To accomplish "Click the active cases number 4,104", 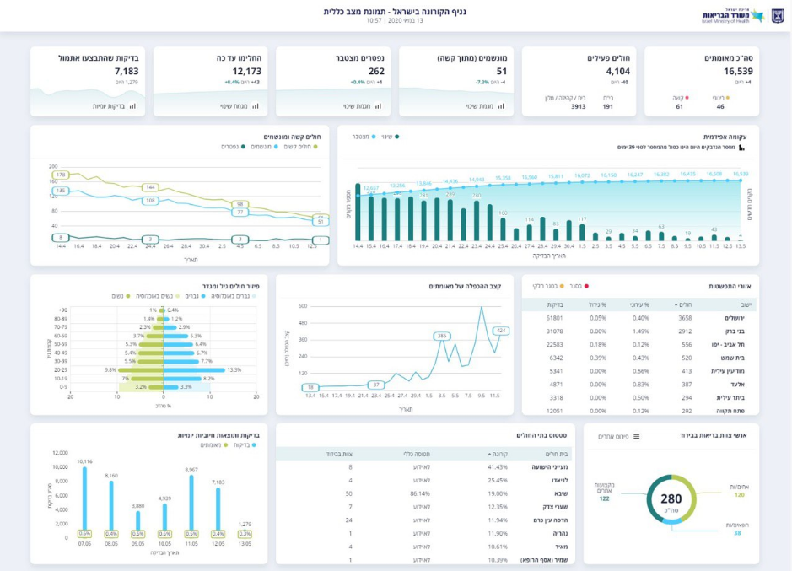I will [617, 71].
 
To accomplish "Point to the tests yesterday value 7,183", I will [127, 71].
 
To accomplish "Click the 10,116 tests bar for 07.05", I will [84, 498].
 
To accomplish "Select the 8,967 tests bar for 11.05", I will [191, 502].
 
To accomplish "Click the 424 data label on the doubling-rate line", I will [500, 331].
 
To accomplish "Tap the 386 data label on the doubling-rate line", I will [441, 336].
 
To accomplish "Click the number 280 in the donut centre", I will [671, 499].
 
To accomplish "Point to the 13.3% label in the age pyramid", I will [234, 369].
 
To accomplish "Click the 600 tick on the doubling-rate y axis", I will [303, 307].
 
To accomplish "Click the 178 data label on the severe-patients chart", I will [61, 175].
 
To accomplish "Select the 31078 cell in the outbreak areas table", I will [554, 331].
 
